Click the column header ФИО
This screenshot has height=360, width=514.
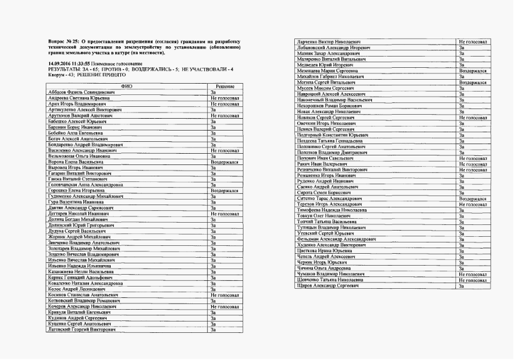point(127,86)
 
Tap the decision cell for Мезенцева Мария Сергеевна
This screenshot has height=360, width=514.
point(473,71)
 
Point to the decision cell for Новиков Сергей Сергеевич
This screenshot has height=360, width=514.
point(473,117)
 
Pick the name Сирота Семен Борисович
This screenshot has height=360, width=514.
point(321,193)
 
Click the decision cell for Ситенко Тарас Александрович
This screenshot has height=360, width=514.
point(473,199)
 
